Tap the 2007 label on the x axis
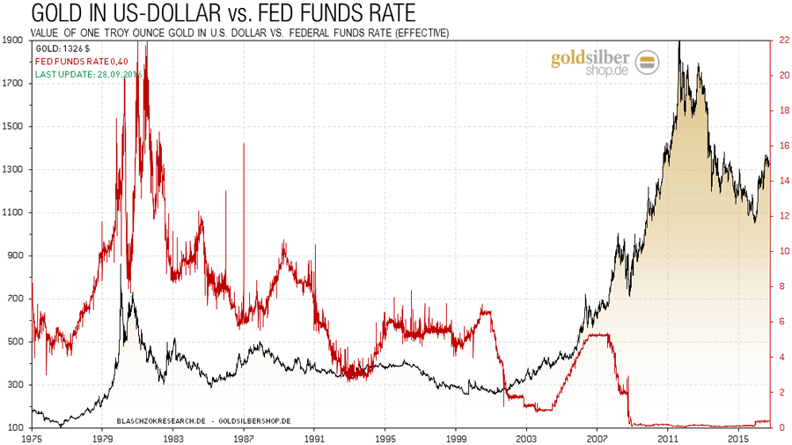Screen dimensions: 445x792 [597, 437]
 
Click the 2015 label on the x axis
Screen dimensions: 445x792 [738, 437]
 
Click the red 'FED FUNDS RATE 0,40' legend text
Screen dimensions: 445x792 [86, 61]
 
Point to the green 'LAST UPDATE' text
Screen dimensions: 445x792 [88, 74]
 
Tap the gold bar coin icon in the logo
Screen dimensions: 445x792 [648, 61]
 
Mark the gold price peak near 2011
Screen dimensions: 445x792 [679, 44]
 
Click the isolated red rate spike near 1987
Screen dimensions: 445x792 [243, 145]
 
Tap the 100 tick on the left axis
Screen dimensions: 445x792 [16, 427]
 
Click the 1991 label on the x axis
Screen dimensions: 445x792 [314, 437]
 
